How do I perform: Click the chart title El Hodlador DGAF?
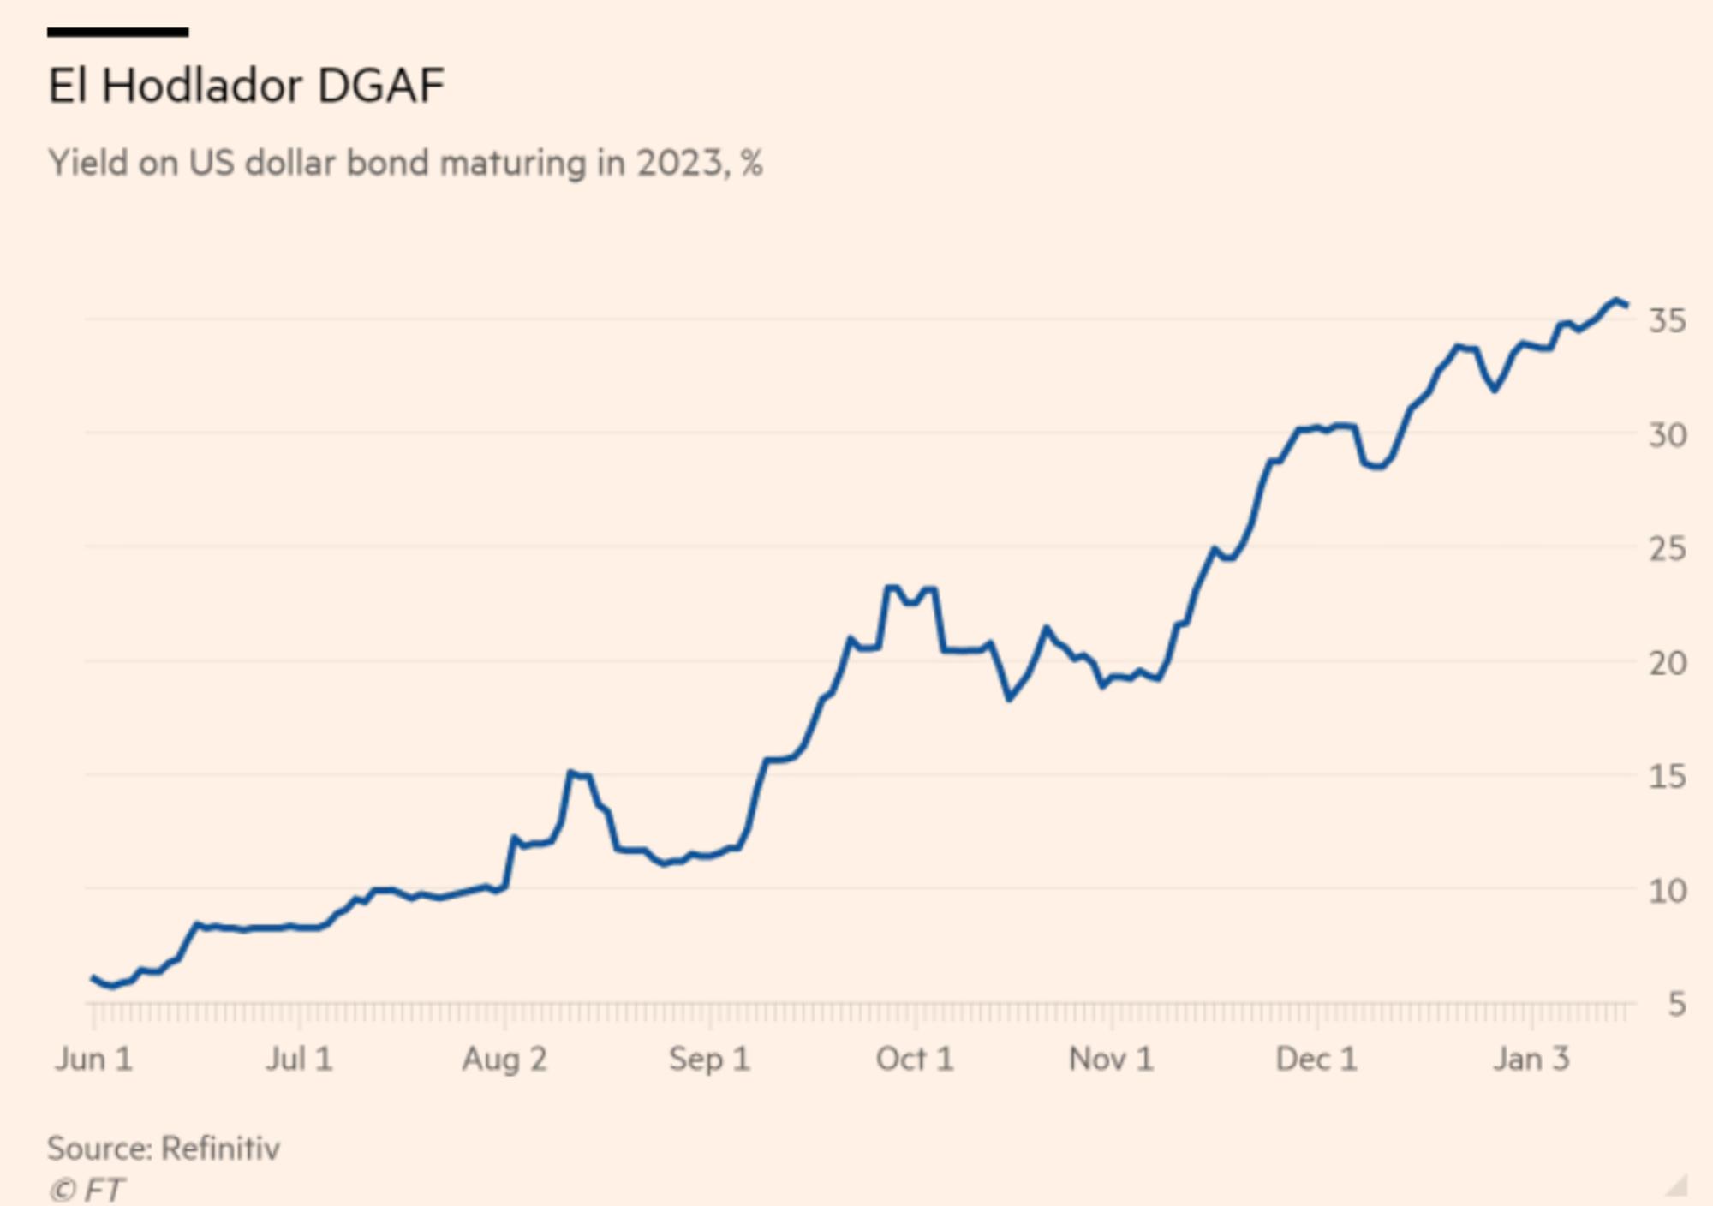tap(246, 86)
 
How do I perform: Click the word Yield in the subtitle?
tap(87, 163)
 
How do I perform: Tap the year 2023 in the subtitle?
tap(681, 163)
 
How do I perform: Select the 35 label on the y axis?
tap(1668, 321)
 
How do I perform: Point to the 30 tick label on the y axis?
tap(1668, 435)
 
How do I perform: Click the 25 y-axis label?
tap(1668, 549)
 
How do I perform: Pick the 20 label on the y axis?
tap(1668, 663)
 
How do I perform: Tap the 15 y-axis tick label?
tap(1668, 777)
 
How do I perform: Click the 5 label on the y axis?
tap(1677, 1004)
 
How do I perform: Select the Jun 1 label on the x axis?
tap(93, 1060)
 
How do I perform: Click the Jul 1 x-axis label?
tap(298, 1060)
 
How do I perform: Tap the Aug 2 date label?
tap(504, 1060)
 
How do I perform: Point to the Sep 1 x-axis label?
tap(709, 1060)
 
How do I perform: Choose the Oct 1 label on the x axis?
tap(914, 1060)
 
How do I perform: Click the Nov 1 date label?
tap(1111, 1060)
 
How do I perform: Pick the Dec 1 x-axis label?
tap(1316, 1060)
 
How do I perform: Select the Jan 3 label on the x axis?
tap(1531, 1060)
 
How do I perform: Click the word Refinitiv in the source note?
tap(220, 1149)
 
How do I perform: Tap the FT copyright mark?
tap(87, 1190)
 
